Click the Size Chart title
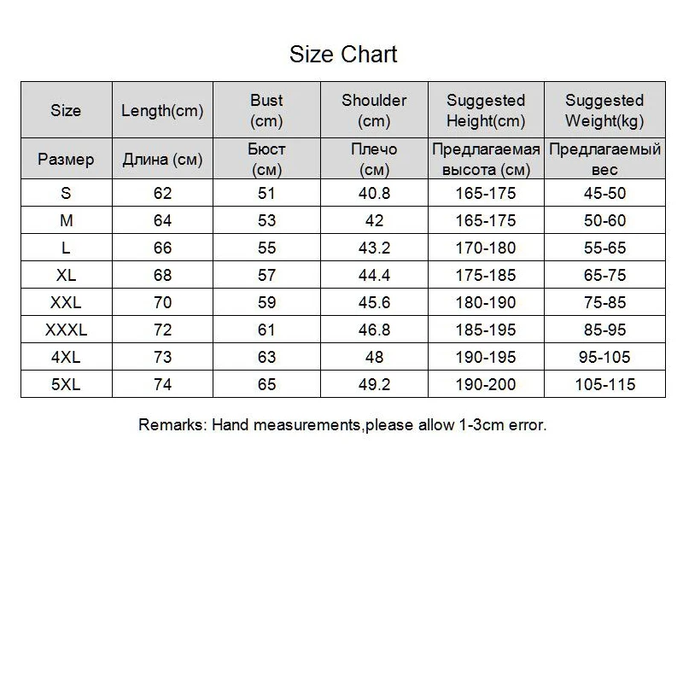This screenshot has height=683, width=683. point(343,55)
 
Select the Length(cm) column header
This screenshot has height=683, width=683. point(162,110)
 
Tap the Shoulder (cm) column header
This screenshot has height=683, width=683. point(374,110)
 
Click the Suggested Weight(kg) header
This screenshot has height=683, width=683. point(604,110)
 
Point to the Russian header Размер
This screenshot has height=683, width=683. point(66,159)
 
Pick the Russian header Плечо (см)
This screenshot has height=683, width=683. point(374,159)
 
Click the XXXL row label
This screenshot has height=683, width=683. point(66,330)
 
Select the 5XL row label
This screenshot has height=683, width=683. point(66,384)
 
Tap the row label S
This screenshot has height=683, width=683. point(66,193)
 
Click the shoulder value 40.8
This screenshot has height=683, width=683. point(374,193)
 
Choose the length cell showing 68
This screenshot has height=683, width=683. point(162,275)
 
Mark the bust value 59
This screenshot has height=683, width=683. point(266,302)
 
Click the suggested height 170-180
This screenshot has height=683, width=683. point(485,248)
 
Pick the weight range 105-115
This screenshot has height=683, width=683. point(604,384)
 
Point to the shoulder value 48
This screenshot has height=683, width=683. point(374,357)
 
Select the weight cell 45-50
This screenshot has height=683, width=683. point(604,193)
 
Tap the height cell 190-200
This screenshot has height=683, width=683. point(485,384)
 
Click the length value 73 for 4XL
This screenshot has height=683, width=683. point(162,357)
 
